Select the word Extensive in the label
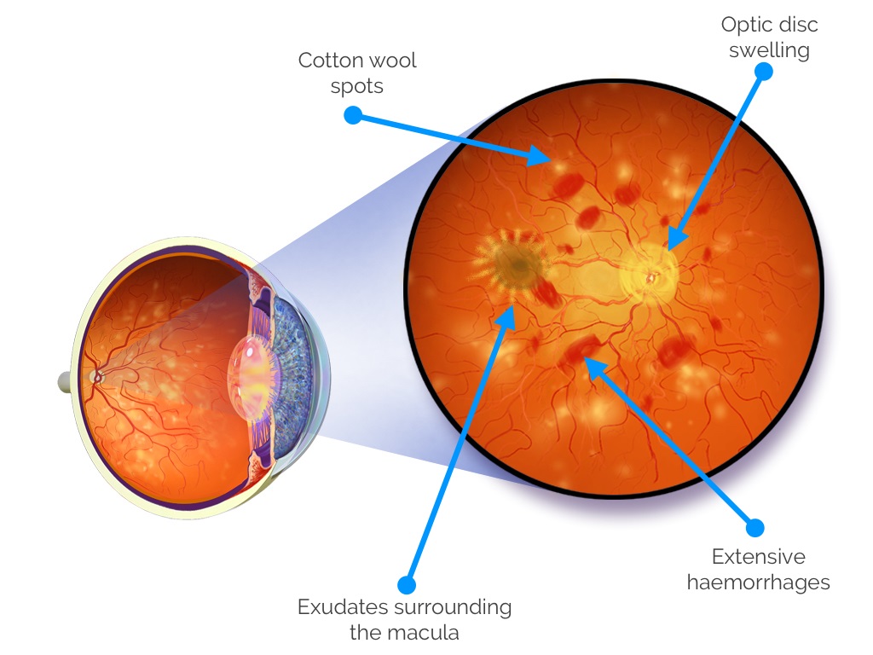point(758,557)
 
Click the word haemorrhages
point(758,583)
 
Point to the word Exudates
point(342,607)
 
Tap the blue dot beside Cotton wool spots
point(353,115)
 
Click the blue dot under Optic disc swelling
point(764,72)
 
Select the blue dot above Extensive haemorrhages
point(754,527)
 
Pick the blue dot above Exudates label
point(407,584)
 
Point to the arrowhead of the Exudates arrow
point(508,315)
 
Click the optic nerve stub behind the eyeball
point(65,381)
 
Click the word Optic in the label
point(743,25)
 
